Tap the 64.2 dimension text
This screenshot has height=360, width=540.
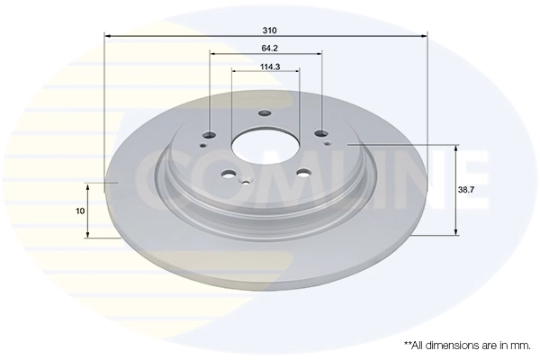tap(266, 47)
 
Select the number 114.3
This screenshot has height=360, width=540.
tap(266, 66)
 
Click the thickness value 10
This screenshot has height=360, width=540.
tap(81, 210)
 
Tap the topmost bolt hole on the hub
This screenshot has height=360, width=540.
tap(265, 113)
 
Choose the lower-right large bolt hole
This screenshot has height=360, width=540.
tap(302, 175)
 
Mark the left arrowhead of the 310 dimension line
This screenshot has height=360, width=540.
tap(109, 36)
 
